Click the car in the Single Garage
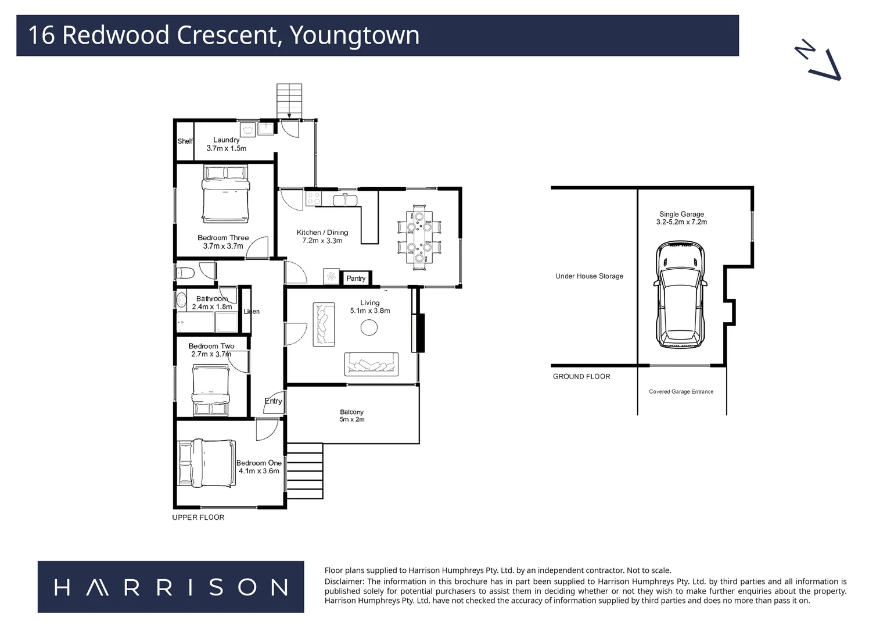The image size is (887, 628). tap(680, 295)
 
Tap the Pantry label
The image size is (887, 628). tap(356, 279)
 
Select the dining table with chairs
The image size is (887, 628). tap(419, 237)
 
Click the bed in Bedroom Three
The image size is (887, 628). tap(225, 194)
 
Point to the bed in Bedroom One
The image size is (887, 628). tap(207, 463)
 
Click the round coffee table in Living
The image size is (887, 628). tap(369, 328)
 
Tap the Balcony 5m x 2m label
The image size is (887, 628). tap(352, 416)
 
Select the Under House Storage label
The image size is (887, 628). tap(589, 276)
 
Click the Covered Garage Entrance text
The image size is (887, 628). tap(681, 392)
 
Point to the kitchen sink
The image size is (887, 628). tap(346, 199)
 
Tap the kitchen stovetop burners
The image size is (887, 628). tap(313, 198)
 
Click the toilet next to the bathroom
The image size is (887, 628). tap(185, 272)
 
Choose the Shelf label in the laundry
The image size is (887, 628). tap(185, 141)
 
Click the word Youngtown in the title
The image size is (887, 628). tap(354, 35)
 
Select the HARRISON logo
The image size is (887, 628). tap(171, 587)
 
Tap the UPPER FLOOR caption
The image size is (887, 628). tap(198, 518)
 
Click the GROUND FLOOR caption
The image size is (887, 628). tap(581, 377)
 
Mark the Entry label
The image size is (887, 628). tap(273, 401)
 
